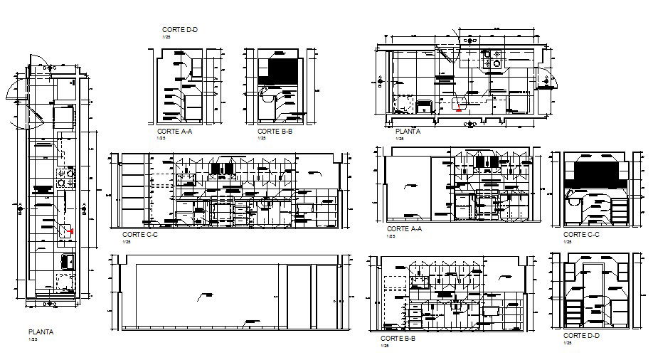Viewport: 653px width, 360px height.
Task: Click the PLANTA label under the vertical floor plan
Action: [x=40, y=332]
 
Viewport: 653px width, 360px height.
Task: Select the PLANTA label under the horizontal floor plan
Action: [x=407, y=132]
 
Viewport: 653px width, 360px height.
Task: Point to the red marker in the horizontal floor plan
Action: [x=459, y=110]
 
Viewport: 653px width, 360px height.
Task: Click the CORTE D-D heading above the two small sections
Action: [x=179, y=29]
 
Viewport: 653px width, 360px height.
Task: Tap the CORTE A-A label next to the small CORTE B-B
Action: [x=173, y=132]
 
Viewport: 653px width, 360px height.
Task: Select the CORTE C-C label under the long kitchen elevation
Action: [x=139, y=234]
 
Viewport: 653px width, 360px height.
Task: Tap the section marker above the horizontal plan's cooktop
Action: [x=469, y=41]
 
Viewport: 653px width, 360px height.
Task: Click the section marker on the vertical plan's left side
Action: [x=19, y=207]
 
